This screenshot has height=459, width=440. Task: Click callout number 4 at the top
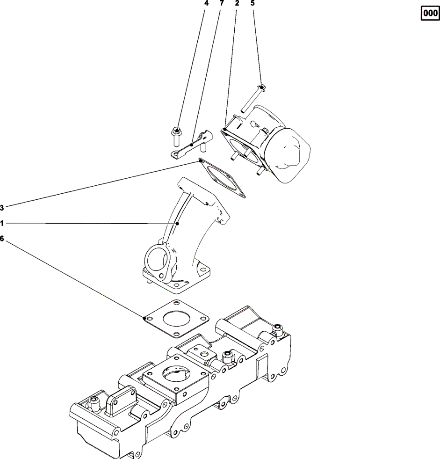(x=206, y=3)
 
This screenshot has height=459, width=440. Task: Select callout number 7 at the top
(x=222, y=3)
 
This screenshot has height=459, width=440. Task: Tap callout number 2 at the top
(x=237, y=3)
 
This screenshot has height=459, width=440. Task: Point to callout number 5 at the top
(x=253, y=3)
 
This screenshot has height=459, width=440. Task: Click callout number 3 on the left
(x=2, y=207)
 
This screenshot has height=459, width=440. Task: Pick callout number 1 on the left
(x=2, y=224)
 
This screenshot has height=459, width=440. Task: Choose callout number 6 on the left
(x=2, y=239)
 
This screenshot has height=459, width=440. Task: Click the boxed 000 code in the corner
(x=428, y=15)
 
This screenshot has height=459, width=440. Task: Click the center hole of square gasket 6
(x=175, y=318)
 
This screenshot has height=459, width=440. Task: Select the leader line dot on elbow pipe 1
(x=178, y=224)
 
